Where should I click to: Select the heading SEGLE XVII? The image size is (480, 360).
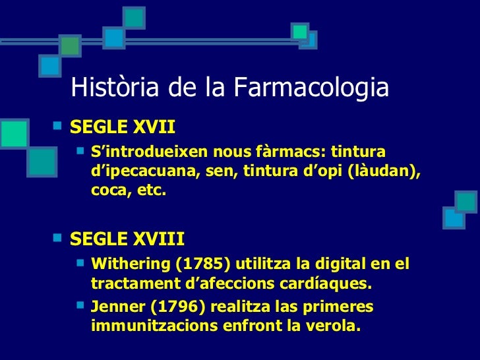123,126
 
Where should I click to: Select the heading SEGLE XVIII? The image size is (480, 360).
127,237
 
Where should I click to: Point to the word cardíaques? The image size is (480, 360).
331,284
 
